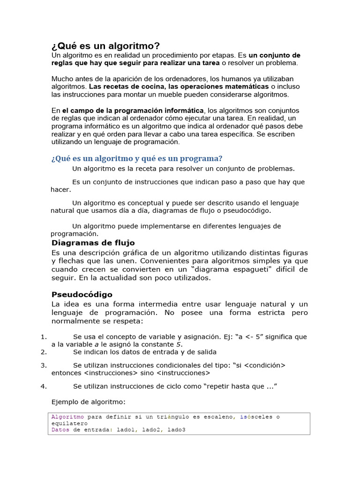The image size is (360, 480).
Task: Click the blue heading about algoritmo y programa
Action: click(136, 158)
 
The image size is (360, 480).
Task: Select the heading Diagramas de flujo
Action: click(93, 243)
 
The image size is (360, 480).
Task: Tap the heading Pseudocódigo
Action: click(82, 294)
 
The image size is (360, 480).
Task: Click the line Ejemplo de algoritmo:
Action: click(88, 402)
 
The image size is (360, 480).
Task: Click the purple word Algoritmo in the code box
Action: click(68, 417)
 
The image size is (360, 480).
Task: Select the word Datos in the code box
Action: click(61, 429)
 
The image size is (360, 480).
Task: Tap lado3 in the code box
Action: click(176, 429)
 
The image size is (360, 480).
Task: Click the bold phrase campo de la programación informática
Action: click(136, 110)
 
